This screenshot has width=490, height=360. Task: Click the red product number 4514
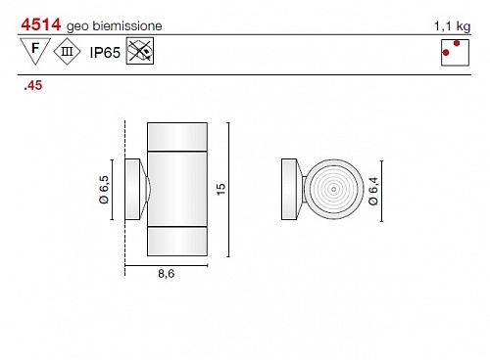click(41, 24)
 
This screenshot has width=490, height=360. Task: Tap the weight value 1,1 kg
click(452, 26)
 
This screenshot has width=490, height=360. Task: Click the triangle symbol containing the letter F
click(35, 51)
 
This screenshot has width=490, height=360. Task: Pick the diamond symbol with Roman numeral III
click(67, 52)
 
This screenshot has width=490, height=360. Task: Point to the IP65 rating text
click(105, 53)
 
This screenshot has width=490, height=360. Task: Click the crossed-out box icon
click(140, 51)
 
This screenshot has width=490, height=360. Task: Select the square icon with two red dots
click(455, 53)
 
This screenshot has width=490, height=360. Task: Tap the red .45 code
click(33, 85)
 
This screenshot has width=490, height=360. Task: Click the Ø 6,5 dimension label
click(104, 190)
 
